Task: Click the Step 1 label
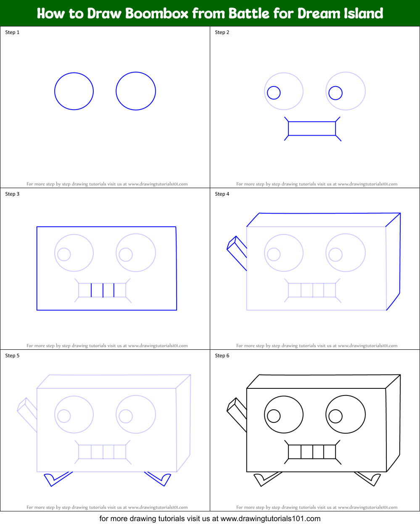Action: [x=12, y=32]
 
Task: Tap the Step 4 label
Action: [x=222, y=194]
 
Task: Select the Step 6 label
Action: [x=222, y=356]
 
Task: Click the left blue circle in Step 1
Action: [x=74, y=91]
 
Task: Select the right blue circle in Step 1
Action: [x=136, y=91]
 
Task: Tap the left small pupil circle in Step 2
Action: [x=274, y=93]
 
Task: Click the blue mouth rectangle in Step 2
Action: [x=312, y=128]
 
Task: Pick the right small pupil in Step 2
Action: [x=335, y=93]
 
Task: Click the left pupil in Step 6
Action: [x=274, y=416]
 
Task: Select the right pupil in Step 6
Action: [x=335, y=416]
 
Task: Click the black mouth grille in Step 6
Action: [x=312, y=452]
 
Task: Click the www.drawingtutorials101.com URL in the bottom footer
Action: [x=270, y=519]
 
